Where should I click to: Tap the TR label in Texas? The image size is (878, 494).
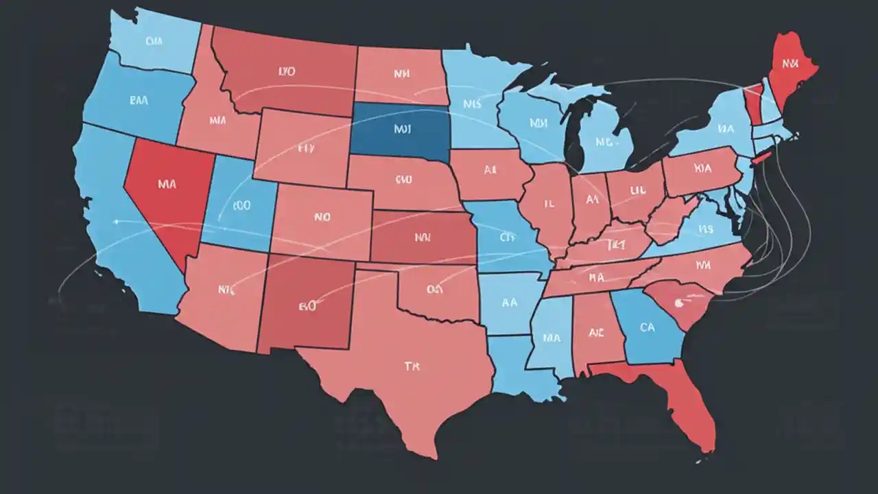(x=411, y=366)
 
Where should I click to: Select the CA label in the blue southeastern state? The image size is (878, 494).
(x=647, y=328)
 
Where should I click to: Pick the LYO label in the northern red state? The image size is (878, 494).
(x=287, y=71)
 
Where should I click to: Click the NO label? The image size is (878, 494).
(x=322, y=217)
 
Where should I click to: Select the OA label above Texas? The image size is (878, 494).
(x=434, y=289)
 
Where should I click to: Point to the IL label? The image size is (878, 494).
(x=549, y=204)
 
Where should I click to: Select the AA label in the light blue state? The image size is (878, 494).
(x=510, y=301)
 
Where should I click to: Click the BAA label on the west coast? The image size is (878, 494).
(x=139, y=99)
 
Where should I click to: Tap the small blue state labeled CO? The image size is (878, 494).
(x=241, y=204)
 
